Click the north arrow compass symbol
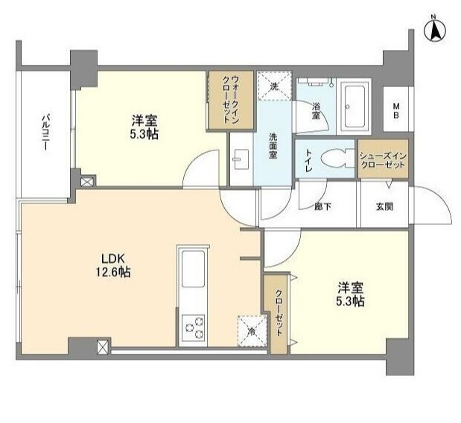[435, 31]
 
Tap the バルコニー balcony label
[45, 132]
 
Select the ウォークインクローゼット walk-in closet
[231, 100]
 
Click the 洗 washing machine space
[275, 86]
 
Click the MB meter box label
[396, 110]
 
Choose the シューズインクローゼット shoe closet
[383, 159]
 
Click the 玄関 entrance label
[384, 207]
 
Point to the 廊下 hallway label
[322, 207]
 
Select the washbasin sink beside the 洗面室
[241, 159]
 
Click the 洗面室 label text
[273, 146]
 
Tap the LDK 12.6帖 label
[113, 265]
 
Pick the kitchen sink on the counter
[193, 269]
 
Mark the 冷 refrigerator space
[252, 331]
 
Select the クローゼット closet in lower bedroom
[278, 314]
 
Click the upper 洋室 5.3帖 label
[144, 127]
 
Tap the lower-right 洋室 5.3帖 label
[351, 295]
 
